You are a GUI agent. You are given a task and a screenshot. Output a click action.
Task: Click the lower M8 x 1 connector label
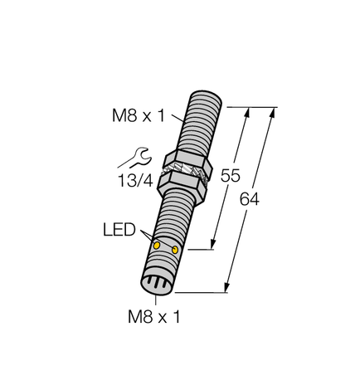point(155,316)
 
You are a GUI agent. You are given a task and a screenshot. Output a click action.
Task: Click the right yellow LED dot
point(175,249)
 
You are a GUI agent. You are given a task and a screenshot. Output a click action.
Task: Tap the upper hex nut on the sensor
point(187,158)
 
